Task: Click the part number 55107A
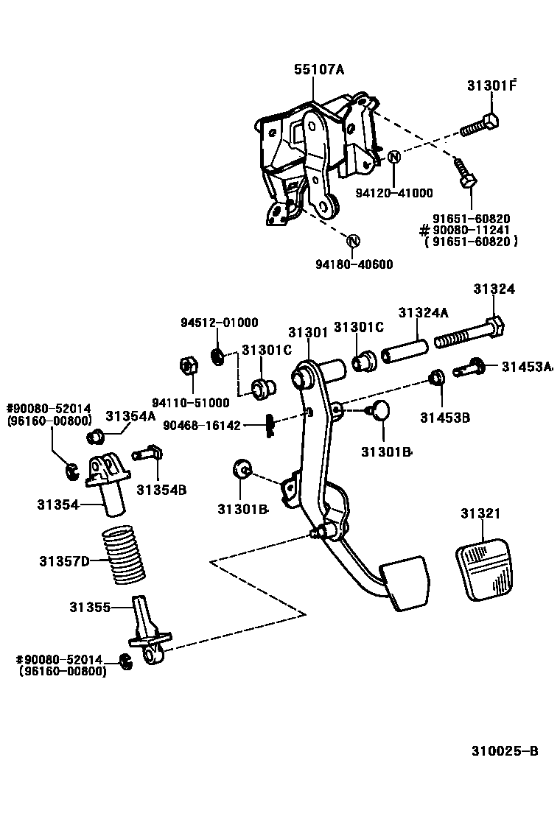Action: point(320,70)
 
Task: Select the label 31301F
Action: point(491,85)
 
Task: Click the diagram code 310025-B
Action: point(505,751)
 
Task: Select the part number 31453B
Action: point(445,418)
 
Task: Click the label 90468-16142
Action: point(202,425)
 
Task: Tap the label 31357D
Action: point(64,561)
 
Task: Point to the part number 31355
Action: point(90,607)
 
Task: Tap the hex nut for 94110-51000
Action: point(187,365)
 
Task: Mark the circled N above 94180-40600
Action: point(353,240)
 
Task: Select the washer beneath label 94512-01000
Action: point(219,356)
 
